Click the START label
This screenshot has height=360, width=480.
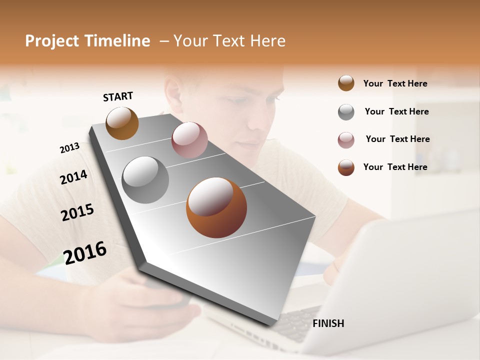pyautogui.click(x=118, y=96)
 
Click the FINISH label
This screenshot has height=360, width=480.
pyautogui.click(x=328, y=323)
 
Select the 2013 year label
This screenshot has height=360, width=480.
pyautogui.click(x=69, y=148)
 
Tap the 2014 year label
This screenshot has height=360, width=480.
pyautogui.click(x=73, y=177)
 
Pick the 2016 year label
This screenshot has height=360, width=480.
pyautogui.click(x=85, y=252)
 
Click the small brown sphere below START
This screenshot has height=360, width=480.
pyautogui.click(x=122, y=123)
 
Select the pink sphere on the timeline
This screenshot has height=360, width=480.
pyautogui.click(x=189, y=139)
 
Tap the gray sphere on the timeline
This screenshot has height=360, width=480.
pyautogui.click(x=145, y=179)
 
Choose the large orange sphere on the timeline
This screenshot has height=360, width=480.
pyautogui.click(x=216, y=207)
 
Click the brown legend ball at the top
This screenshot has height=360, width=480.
pyautogui.click(x=346, y=83)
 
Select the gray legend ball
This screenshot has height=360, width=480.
pyautogui.click(x=346, y=112)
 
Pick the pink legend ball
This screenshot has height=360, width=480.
pyautogui.click(x=346, y=140)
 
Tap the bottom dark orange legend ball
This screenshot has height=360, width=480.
pyautogui.click(x=346, y=167)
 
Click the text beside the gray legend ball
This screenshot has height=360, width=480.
pyautogui.click(x=396, y=111)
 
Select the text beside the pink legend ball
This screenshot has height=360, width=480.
pyautogui.click(x=397, y=139)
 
